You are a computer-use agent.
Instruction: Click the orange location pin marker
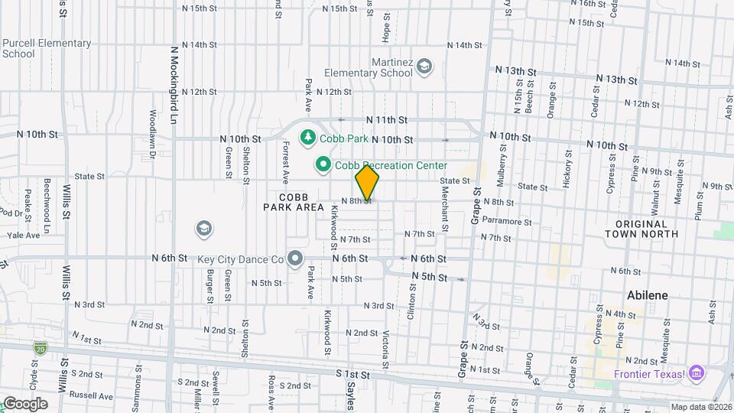[367, 184]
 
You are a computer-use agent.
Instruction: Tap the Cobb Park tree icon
[308, 137]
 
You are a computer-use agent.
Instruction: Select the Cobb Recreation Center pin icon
[323, 164]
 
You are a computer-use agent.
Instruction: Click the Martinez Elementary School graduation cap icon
[424, 69]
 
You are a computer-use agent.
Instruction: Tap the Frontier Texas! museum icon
[696, 372]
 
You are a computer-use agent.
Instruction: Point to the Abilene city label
[648, 295]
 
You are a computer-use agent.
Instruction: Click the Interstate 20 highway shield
[40, 348]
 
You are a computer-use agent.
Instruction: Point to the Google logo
[25, 403]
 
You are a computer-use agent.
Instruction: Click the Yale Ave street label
[24, 236]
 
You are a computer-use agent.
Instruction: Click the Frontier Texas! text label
[650, 374]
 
